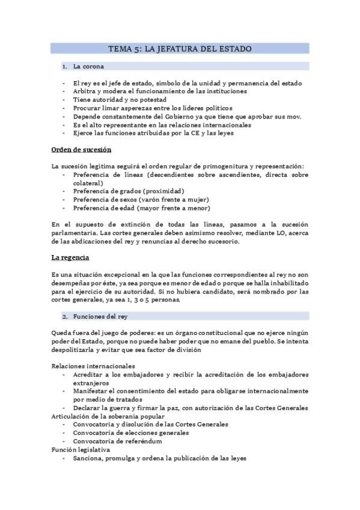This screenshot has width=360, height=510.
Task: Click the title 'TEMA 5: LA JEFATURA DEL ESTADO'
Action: [x=180, y=49]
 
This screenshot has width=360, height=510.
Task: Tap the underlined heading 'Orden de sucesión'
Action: [x=82, y=149]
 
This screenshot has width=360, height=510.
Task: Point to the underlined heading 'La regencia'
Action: [x=70, y=257]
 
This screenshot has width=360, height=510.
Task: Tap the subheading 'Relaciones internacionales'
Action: [x=93, y=366]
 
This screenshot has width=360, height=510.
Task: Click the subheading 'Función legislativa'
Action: [x=81, y=449]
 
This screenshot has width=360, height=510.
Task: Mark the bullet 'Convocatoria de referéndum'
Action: [x=117, y=441]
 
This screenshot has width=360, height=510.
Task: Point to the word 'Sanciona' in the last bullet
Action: [x=90, y=458]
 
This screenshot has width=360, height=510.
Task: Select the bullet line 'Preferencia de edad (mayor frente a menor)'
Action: [x=142, y=208]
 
